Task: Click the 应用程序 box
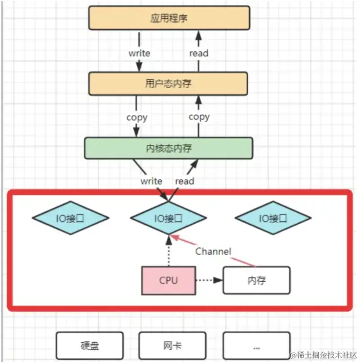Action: pyautogui.click(x=169, y=18)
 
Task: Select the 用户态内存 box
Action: pyautogui.click(x=168, y=84)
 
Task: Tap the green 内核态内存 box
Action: pyautogui.click(x=168, y=149)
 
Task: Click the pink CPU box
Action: pyautogui.click(x=168, y=280)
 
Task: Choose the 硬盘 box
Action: pyautogui.click(x=90, y=345)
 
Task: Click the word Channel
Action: pyautogui.click(x=213, y=251)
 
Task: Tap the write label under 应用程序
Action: pyautogui.click(x=139, y=53)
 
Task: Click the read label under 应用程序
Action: pyautogui.click(x=199, y=53)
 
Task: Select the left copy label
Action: pyautogui.click(x=137, y=117)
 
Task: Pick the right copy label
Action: pyautogui.click(x=199, y=117)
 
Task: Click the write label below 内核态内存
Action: pyautogui.click(x=151, y=181)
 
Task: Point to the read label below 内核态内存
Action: pyautogui.click(x=185, y=181)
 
